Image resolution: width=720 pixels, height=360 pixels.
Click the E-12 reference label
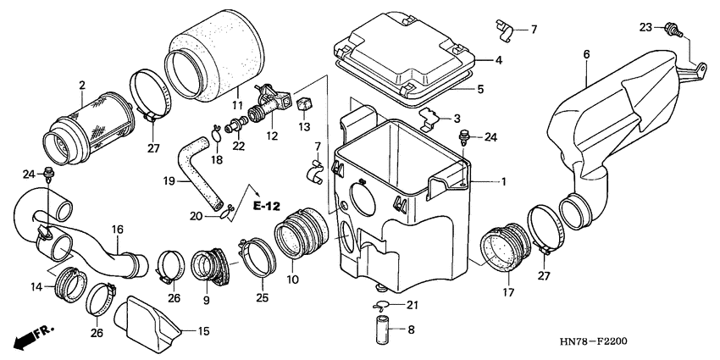point(265,206)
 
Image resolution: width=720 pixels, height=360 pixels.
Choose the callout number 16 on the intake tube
point(117,229)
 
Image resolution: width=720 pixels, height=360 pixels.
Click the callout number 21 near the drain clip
point(412,305)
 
